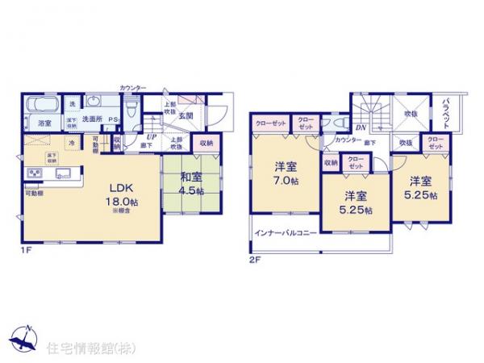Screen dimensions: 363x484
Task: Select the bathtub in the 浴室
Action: [x=40, y=106]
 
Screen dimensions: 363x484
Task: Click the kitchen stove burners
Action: [x=35, y=174]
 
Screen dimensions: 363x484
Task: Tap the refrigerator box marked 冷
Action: [x=73, y=144]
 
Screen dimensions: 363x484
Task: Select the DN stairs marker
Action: [x=361, y=127]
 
